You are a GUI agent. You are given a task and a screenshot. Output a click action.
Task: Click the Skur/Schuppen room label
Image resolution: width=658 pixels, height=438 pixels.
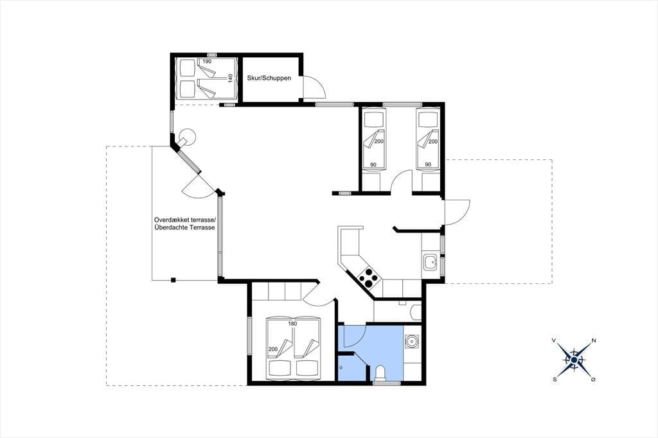[x=269, y=78]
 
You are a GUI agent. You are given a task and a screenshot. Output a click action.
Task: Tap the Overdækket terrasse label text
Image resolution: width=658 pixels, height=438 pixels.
[x=185, y=220]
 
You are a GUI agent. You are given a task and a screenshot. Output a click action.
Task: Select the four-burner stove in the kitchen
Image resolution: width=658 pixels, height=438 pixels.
[x=368, y=276]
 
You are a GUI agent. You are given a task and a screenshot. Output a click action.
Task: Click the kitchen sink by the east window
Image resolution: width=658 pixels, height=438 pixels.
[x=430, y=263]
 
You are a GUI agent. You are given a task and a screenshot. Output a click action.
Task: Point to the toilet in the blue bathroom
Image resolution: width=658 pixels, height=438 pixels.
[x=380, y=373]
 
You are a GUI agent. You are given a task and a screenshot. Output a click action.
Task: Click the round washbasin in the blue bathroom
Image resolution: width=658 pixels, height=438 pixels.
[x=411, y=342]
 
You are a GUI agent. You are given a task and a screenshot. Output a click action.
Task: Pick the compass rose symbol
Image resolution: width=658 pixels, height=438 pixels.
[x=574, y=360]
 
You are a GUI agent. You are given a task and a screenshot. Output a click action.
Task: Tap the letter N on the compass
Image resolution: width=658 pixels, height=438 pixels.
[x=593, y=340]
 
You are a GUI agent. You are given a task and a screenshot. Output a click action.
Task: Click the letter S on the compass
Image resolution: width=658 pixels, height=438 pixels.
[x=555, y=380]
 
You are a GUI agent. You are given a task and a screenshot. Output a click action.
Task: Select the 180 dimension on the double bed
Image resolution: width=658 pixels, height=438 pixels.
[x=292, y=324]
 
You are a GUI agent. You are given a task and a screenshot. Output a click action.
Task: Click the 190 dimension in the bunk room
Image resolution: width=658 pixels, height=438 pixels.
[x=207, y=61]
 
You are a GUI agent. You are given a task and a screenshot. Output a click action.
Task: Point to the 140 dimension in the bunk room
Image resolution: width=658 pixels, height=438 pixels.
[x=230, y=78]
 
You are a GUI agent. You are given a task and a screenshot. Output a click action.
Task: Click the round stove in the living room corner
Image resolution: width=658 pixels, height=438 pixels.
[x=186, y=137]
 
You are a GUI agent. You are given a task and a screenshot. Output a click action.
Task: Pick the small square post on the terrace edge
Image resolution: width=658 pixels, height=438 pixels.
[x=173, y=280]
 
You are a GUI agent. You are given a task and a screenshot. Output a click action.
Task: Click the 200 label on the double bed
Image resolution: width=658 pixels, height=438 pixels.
[x=272, y=349]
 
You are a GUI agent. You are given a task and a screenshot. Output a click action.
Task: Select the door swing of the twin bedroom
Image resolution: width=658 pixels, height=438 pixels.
[x=402, y=181]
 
